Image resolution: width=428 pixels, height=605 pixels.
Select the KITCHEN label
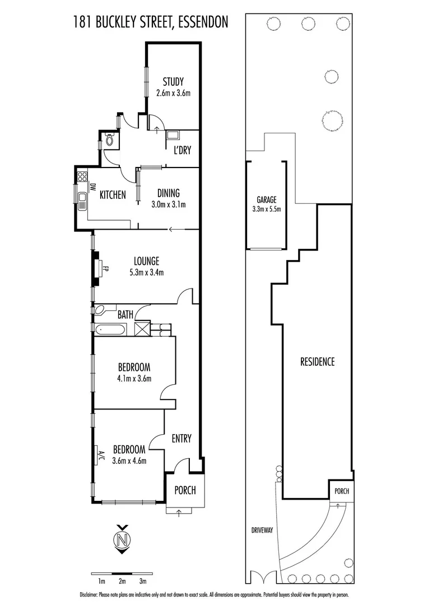113,195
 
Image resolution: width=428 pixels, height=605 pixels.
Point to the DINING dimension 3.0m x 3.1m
168,204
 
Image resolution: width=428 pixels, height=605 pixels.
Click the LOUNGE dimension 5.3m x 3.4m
146,272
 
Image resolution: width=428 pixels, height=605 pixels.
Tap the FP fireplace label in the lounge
105,268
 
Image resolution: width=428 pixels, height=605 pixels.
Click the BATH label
125,315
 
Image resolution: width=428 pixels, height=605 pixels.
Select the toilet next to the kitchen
109,139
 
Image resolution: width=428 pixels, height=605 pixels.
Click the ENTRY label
182,439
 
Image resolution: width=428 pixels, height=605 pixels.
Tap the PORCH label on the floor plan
185,490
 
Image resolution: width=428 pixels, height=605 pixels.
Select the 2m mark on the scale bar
122,581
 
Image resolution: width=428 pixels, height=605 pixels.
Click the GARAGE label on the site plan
267,199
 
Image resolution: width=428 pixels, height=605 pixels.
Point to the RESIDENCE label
317,361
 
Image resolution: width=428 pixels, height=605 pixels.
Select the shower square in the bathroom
142,328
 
